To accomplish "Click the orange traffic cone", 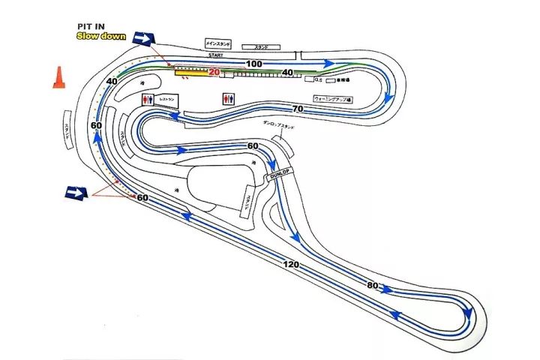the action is coord(57,79).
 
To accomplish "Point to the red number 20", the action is coord(214,73).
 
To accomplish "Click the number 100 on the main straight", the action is coord(254,64).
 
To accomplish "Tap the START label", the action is coord(216,55).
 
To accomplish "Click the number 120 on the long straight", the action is coord(292,265).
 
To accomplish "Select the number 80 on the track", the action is coord(373,286).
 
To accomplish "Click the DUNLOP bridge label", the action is coord(279,173).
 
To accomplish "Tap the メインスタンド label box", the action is coord(218,44).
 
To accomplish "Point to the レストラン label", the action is coord(166,99).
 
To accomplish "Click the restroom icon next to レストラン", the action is coord(147,99).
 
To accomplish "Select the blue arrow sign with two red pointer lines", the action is coord(74,193).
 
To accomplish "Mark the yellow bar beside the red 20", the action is coord(190,73).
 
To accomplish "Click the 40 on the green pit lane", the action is coord(286,73).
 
